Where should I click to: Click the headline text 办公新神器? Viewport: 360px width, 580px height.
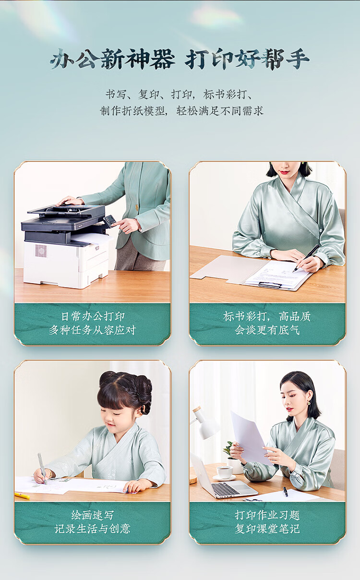(112, 59)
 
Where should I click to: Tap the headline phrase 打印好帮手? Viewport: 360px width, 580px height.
(247, 59)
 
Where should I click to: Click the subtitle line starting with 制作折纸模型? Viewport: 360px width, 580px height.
(182, 111)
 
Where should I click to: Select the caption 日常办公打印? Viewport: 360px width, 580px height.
(93, 316)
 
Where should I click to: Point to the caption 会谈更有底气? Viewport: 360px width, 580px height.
(267, 330)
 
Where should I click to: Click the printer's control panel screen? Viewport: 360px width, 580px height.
(109, 221)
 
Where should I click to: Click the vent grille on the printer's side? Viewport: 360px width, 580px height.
(41, 250)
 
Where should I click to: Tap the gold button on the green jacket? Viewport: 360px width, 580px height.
(136, 207)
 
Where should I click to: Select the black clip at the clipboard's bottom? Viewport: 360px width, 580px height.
(270, 285)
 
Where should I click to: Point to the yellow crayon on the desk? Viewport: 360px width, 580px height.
(22, 496)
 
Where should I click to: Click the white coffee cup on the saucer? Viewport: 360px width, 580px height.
(224, 472)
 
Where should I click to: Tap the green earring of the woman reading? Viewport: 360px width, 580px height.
(309, 403)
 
